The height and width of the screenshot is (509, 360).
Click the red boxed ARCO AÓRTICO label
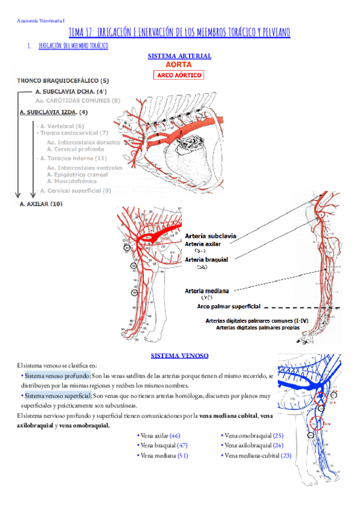tap(179, 75)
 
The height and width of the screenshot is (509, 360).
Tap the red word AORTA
tap(179, 65)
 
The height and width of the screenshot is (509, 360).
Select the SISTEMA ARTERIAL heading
tap(179, 56)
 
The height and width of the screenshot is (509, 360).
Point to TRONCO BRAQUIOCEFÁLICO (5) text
tap(63, 80)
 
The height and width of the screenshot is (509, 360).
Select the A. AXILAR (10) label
tap(41, 204)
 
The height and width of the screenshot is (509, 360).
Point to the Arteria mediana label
tap(206, 291)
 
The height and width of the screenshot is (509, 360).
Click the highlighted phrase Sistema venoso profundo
tap(58, 375)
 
